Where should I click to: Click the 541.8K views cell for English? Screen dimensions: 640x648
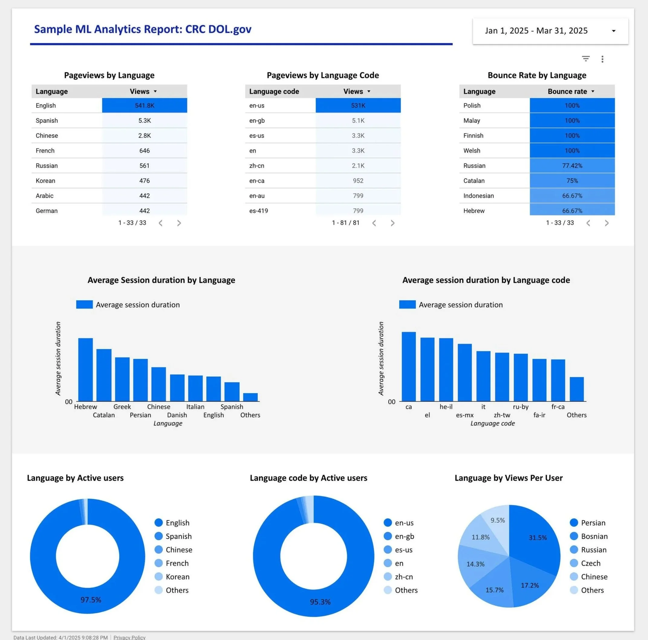pyautogui.click(x=145, y=105)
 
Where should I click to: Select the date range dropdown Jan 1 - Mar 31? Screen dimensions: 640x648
pyautogui.click(x=550, y=31)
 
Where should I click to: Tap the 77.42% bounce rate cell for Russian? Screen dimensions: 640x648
pyautogui.click(x=572, y=166)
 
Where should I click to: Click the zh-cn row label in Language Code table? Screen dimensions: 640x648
pyautogui.click(x=257, y=166)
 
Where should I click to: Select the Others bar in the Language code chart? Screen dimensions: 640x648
pyautogui.click(x=577, y=389)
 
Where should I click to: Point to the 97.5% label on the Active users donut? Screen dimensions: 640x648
pyautogui.click(x=90, y=600)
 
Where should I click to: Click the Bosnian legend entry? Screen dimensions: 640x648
pyautogui.click(x=594, y=536)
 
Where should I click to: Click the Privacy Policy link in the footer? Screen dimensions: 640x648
pyautogui.click(x=129, y=637)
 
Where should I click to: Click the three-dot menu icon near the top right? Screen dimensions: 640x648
pyautogui.click(x=602, y=59)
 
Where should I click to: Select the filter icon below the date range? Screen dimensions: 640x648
pyautogui.click(x=586, y=59)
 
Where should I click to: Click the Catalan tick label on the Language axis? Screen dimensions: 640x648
pyautogui.click(x=104, y=415)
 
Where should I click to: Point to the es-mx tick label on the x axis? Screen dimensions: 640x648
pyautogui.click(x=464, y=415)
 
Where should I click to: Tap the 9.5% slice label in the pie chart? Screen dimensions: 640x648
pyautogui.click(x=497, y=520)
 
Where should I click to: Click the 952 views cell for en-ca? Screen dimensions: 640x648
pyautogui.click(x=358, y=181)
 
